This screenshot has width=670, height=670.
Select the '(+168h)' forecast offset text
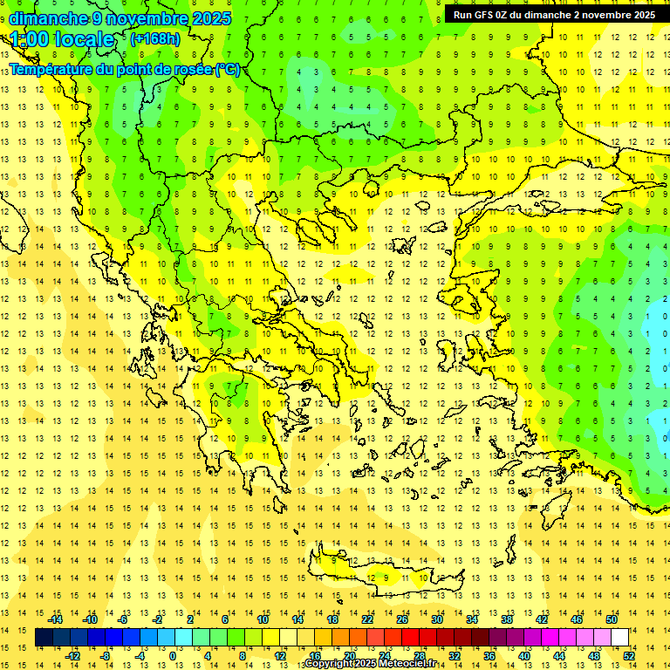tap(154, 38)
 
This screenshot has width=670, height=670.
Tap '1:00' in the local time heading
tap(30, 39)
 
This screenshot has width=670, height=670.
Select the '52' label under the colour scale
tap(629, 656)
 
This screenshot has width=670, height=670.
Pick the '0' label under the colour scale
tap(172, 656)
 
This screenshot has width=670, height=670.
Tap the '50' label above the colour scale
tap(612, 619)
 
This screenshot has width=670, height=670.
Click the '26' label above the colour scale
tap(402, 619)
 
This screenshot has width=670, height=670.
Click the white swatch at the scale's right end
tap(620, 638)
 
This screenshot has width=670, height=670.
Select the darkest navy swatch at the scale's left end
tap(44, 638)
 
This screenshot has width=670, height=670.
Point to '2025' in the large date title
tap(209, 18)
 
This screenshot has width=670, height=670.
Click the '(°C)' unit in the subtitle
tap(228, 69)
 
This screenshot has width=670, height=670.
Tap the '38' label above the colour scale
tap(507, 619)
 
